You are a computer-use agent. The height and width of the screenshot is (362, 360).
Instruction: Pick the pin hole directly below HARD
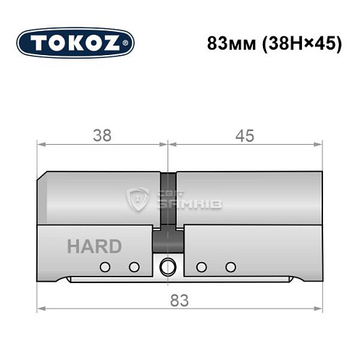(105, 266)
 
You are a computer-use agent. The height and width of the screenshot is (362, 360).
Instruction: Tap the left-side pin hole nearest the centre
(133, 266)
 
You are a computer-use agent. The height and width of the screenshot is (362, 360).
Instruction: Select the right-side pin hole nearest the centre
(202, 266)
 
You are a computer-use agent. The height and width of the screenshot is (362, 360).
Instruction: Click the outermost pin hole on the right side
(230, 266)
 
